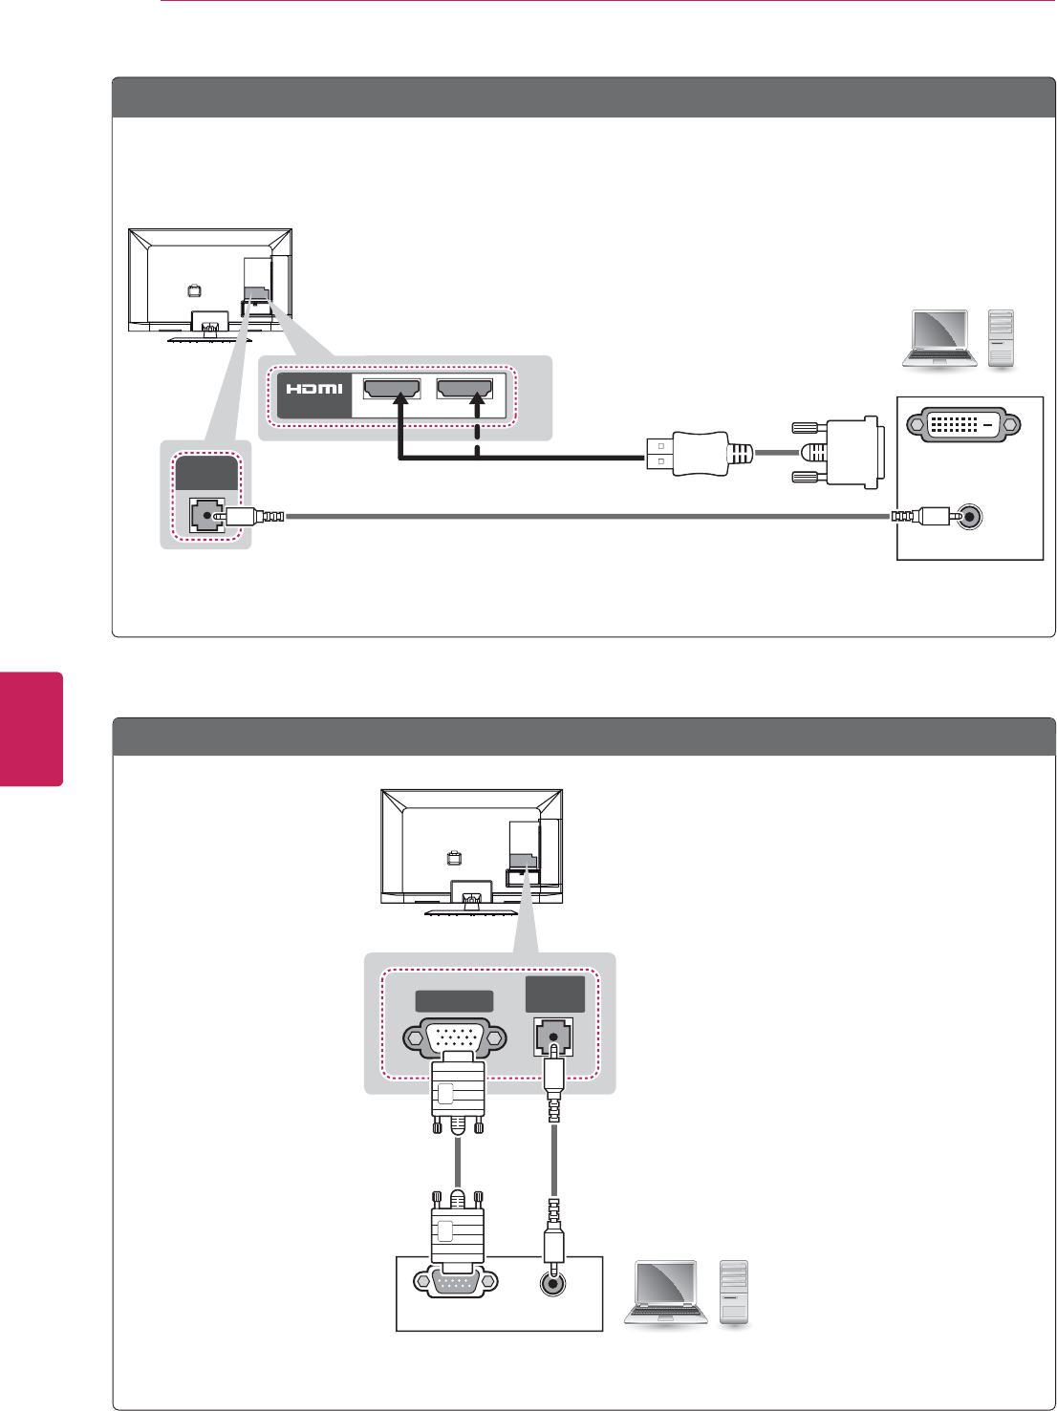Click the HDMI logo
314,390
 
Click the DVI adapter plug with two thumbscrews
839,452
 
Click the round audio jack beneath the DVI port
970,517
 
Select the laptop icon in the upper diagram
940,338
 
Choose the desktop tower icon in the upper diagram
1001,339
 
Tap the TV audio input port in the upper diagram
205,516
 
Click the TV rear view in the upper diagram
210,284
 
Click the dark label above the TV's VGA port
455,1001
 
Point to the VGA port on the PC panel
455,1282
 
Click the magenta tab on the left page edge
32,729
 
